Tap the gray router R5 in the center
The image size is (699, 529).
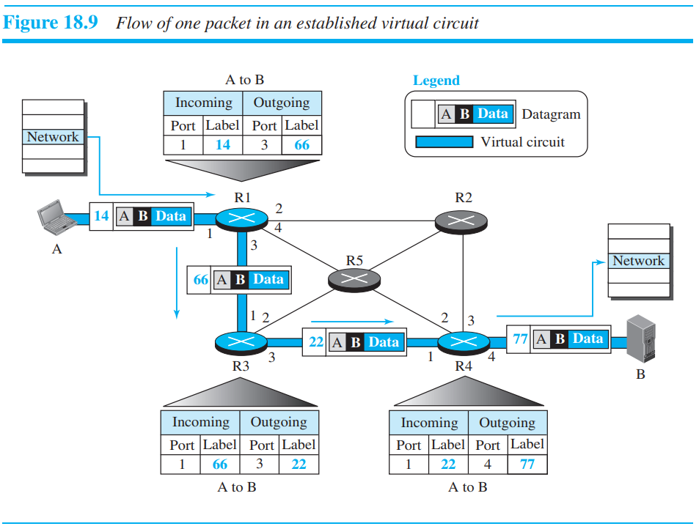354,278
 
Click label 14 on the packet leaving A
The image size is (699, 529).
101,216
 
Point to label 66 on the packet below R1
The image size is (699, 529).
200,279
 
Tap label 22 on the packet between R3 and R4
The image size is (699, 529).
315,342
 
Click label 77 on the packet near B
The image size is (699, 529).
520,339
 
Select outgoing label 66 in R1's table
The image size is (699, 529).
302,145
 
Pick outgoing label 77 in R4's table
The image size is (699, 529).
527,465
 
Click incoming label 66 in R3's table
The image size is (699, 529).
219,465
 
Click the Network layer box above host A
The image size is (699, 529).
53,137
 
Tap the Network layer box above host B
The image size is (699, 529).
638,261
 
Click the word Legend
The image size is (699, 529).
436,81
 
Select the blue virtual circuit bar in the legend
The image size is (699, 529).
443,142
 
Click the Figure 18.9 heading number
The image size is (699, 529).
51,23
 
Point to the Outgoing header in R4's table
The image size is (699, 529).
507,423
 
